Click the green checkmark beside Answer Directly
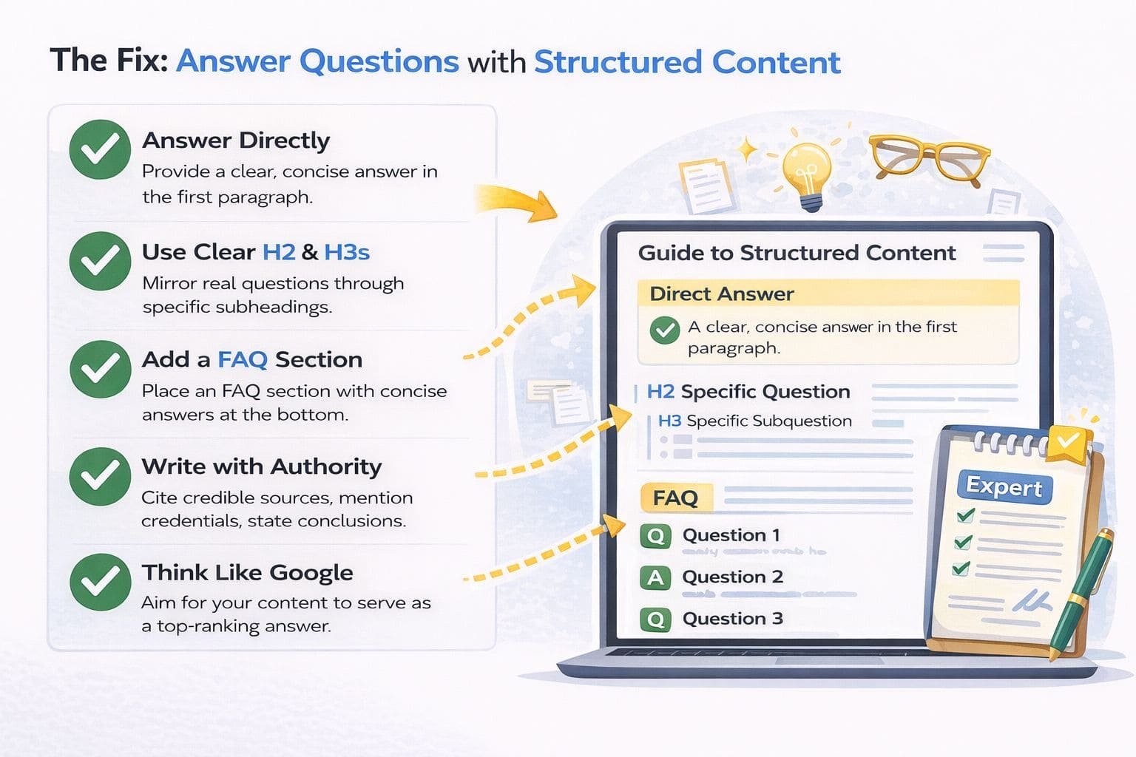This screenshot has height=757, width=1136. [x=100, y=149]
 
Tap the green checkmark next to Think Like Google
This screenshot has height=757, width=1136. [x=100, y=582]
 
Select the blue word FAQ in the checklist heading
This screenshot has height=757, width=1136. [x=242, y=359]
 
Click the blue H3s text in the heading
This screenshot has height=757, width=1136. [x=346, y=252]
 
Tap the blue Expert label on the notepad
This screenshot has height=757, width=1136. [x=1004, y=486]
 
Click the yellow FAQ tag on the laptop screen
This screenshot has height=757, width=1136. [x=675, y=498]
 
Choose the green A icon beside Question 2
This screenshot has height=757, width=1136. [x=655, y=577]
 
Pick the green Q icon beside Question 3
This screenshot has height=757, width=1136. [x=655, y=619]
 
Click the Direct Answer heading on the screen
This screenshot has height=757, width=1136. [x=721, y=294]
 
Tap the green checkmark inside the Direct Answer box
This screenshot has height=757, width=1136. [x=664, y=330]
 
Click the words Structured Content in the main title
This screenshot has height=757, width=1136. [x=687, y=62]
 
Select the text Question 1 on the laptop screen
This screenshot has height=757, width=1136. [x=731, y=535]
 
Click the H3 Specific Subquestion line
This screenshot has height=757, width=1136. [x=754, y=421]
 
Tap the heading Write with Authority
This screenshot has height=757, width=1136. [x=262, y=466]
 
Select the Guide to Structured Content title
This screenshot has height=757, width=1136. [x=797, y=253]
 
